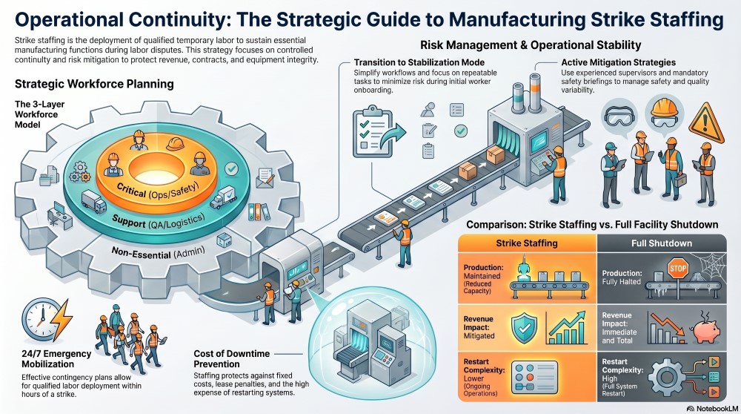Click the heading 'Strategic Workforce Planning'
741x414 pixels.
pos(91,83)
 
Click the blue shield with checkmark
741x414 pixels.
pos(525,324)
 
